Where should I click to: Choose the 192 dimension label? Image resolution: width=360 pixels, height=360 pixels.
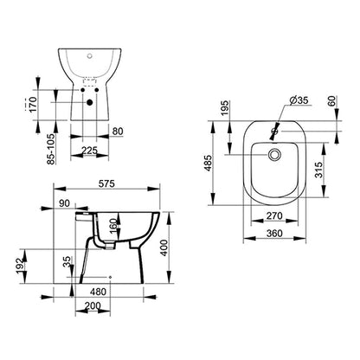tap(20, 266)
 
